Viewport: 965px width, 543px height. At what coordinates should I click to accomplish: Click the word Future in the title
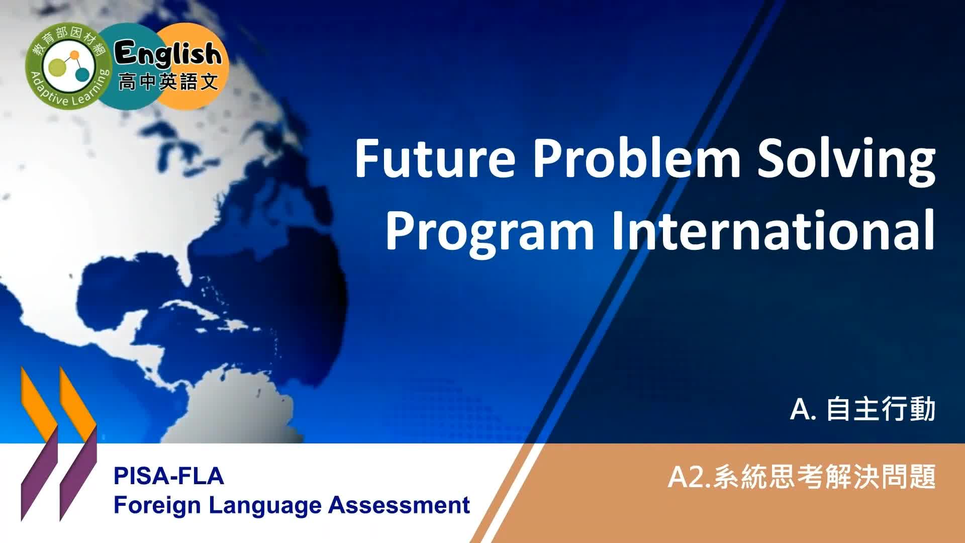click(435, 158)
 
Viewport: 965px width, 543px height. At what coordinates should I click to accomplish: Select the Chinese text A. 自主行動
click(862, 409)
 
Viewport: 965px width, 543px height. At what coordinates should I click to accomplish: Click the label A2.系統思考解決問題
click(802, 477)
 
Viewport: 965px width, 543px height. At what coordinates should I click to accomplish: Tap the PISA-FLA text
click(168, 476)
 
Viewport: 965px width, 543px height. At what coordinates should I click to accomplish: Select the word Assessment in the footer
click(399, 505)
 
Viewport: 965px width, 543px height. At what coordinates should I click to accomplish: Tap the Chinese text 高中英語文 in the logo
click(168, 81)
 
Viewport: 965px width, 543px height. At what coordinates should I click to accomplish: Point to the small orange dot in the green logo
click(75, 54)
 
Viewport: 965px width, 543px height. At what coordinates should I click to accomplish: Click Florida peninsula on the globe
click(186, 261)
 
